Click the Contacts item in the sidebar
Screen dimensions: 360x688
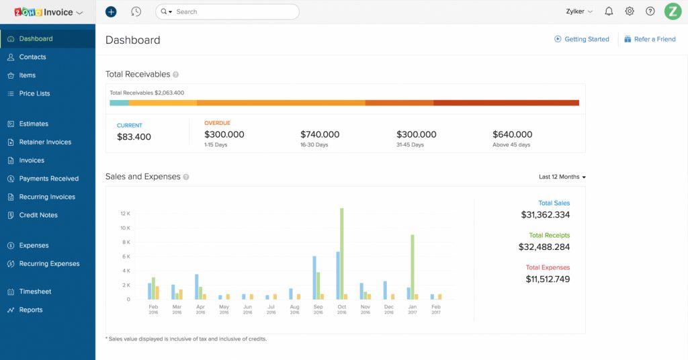[x=32, y=57]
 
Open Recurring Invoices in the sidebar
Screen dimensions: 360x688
[x=47, y=197]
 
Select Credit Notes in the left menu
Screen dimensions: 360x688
[x=38, y=215]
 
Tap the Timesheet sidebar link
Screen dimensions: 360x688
[x=35, y=291]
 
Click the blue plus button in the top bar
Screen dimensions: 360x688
[x=111, y=11]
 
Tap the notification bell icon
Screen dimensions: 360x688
[x=609, y=11]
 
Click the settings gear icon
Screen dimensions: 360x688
[x=630, y=11]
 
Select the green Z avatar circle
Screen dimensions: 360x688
[x=673, y=11]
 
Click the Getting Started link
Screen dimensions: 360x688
[x=587, y=39]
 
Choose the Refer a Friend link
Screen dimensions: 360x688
[x=654, y=39]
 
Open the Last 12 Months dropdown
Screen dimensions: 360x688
[x=562, y=177]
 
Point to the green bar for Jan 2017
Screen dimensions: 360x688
[x=413, y=267]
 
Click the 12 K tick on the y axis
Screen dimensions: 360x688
[x=125, y=214]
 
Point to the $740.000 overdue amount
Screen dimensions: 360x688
[x=320, y=134]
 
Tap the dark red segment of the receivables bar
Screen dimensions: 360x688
[x=506, y=103]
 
